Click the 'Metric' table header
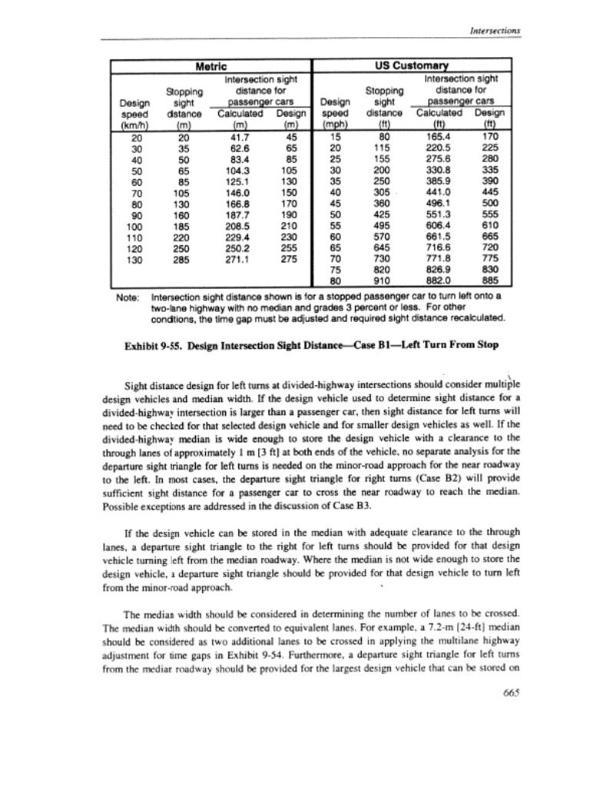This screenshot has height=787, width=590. pyautogui.click(x=210, y=67)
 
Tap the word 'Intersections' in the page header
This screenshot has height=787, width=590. pyautogui.click(x=496, y=30)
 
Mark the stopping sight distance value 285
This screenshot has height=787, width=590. pyautogui.click(x=183, y=260)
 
